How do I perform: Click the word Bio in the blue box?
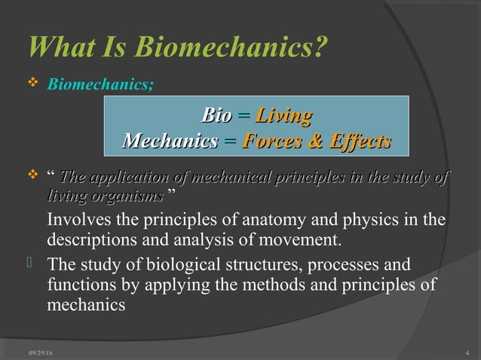[x=216, y=116]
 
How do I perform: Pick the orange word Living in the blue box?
[x=284, y=116]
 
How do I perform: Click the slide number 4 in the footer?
[x=468, y=353]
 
